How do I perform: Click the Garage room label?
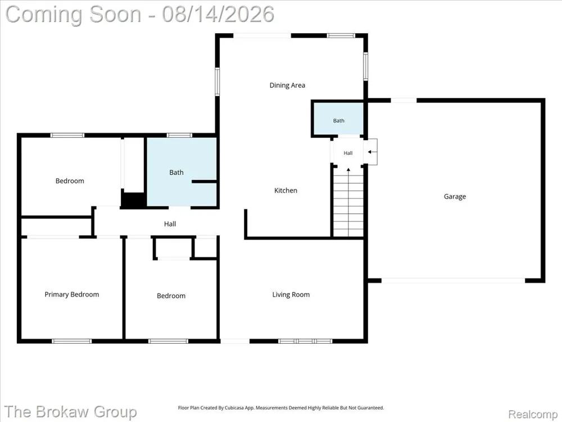455,196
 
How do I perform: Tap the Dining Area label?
287,86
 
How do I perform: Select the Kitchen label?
285,191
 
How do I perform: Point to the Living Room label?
291,295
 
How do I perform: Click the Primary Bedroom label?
72,295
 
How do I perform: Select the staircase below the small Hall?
348,202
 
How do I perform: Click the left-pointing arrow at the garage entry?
372,152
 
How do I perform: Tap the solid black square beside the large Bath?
133,200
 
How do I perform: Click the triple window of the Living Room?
305,341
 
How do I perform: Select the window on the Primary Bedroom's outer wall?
72,341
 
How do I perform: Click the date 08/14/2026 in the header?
218,15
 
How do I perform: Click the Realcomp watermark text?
533,414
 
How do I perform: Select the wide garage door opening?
454,280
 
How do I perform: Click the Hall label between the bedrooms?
170,224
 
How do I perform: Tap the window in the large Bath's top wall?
179,135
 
